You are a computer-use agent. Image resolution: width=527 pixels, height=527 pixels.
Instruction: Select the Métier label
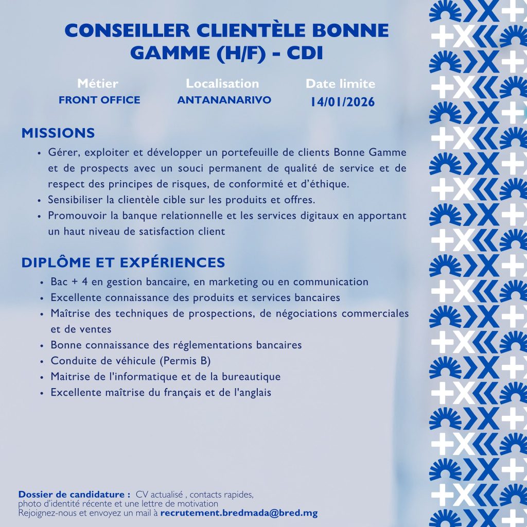[98, 83]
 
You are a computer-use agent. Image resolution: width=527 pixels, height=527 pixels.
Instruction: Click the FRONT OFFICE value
[99, 100]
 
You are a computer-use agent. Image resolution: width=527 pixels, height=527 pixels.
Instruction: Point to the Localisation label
[222, 83]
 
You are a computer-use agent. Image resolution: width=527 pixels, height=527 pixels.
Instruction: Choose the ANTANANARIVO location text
[224, 100]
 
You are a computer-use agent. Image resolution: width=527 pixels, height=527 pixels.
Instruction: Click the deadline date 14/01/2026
[342, 102]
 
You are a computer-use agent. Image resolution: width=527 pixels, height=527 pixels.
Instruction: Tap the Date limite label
[340, 84]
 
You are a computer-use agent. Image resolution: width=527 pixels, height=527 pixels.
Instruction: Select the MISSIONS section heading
[58, 133]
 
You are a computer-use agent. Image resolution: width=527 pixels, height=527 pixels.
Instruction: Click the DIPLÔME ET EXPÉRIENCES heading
[123, 262]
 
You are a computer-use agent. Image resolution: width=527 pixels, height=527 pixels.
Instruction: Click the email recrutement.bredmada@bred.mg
[239, 513]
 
